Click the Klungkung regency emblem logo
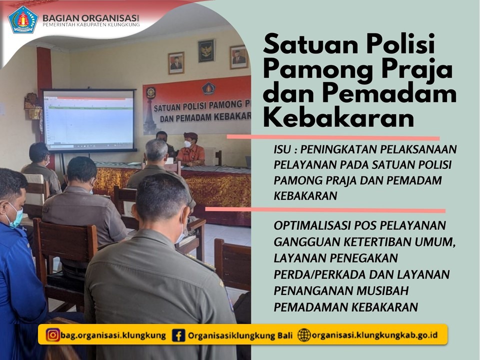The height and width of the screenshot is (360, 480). pyautogui.click(x=22, y=19)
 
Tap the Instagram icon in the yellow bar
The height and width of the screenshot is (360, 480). pyautogui.click(x=52, y=335)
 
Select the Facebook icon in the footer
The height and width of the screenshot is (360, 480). pyautogui.click(x=178, y=335)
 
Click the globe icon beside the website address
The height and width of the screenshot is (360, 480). pyautogui.click(x=304, y=335)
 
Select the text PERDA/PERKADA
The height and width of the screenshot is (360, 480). pyautogui.click(x=319, y=274)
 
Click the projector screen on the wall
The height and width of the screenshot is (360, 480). pyautogui.click(x=89, y=120)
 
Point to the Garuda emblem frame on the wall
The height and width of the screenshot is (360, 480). pyautogui.click(x=206, y=50)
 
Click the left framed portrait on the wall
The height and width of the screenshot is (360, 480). pyautogui.click(x=176, y=63)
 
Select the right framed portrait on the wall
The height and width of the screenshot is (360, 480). pyautogui.click(x=239, y=57)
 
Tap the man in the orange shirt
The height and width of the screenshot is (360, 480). pyautogui.click(x=190, y=149)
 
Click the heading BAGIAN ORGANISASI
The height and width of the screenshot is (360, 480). pyautogui.click(x=91, y=18)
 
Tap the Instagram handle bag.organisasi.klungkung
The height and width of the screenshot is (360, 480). pyautogui.click(x=113, y=335)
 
